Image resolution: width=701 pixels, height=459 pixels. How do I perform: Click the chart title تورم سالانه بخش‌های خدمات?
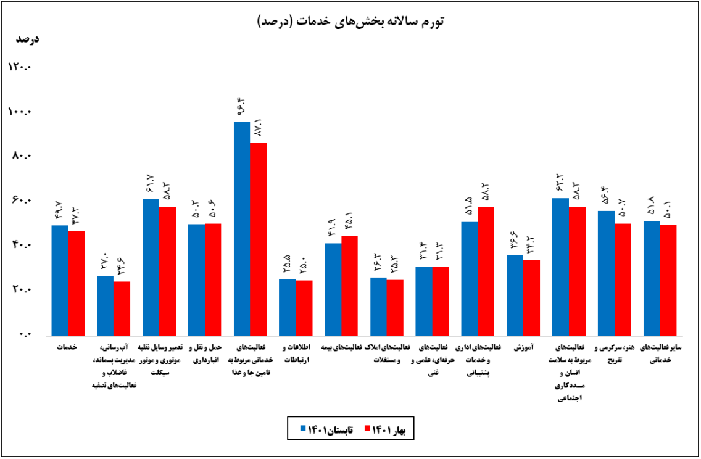pos(350,21)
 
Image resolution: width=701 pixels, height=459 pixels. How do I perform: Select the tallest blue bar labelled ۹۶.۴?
pos(242,228)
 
